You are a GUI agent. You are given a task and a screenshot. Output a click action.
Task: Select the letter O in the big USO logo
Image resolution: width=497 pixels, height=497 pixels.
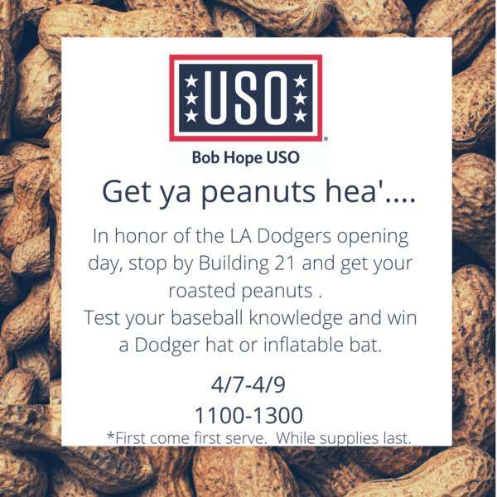pos(274,98)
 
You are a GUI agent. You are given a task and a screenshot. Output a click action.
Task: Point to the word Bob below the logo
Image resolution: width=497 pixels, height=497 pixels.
pos(207,157)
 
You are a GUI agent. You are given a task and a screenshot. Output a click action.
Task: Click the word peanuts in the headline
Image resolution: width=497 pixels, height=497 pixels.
pos(258,193)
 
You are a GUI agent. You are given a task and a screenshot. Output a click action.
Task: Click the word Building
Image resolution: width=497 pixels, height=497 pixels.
pos(234,264)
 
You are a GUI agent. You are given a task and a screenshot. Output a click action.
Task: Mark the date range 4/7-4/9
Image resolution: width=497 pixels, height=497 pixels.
pos(248,385)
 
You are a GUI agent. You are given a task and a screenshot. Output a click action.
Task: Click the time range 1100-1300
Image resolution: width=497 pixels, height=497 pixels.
pos(248,416)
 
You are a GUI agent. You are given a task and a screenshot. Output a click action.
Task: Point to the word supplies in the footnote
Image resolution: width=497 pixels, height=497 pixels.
pos(349,439)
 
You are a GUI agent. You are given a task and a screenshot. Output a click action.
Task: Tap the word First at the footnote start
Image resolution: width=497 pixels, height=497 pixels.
pos(128,438)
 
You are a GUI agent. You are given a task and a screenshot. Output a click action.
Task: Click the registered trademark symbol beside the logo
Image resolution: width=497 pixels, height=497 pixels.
pos(326,138)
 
